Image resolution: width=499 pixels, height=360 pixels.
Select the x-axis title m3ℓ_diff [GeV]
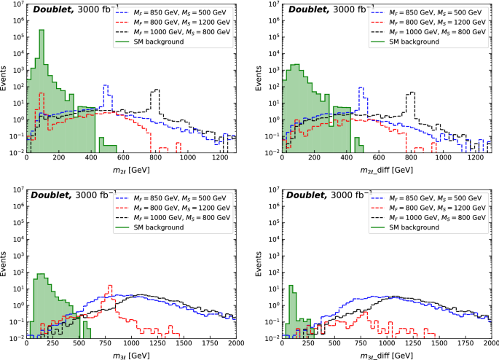387,355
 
